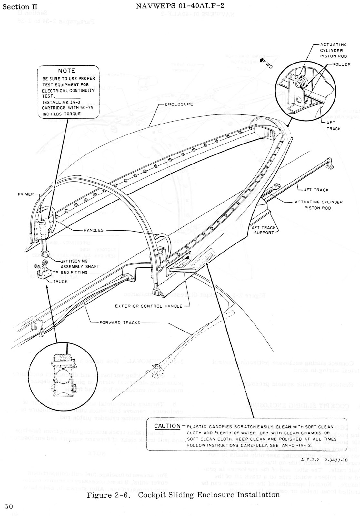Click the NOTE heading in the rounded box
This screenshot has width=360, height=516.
(x=67, y=71)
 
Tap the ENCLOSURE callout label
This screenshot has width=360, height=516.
(x=179, y=104)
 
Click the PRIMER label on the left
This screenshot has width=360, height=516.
(x=26, y=194)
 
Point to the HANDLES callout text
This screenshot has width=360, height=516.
(x=94, y=230)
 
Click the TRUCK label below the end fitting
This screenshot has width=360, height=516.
(x=60, y=281)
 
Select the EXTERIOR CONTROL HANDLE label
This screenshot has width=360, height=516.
(x=149, y=306)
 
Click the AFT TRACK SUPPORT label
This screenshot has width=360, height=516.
(x=264, y=230)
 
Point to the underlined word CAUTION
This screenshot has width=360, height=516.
(x=167, y=426)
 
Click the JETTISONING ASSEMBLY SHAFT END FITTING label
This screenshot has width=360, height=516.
(x=79, y=267)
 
